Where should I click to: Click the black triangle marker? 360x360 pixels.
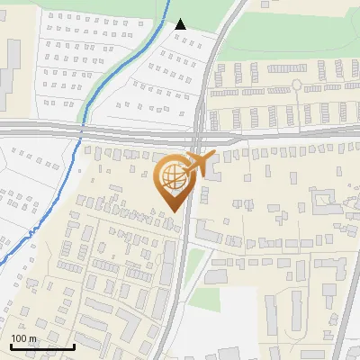tap(181, 24)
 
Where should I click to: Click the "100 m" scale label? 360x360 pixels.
tap(23, 338)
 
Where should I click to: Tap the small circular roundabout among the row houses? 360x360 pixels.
tap(296, 85)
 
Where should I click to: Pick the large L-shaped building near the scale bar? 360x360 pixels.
tap(130, 324)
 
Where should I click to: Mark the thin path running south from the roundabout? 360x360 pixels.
tap(296, 103)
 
